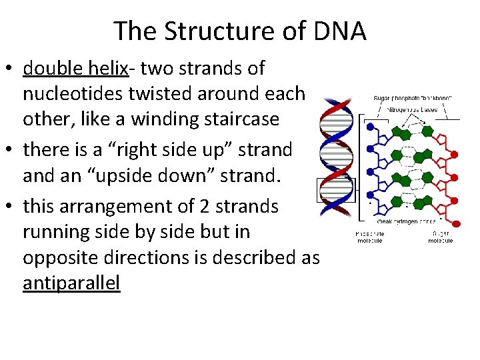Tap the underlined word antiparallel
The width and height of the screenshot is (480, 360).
pos(71,283)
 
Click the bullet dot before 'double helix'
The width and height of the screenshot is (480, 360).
pos(12,69)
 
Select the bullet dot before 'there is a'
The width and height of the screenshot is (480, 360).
pos(12,151)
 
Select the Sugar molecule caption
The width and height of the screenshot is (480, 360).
pos(440,237)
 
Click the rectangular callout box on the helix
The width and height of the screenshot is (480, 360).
pos(337,190)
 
